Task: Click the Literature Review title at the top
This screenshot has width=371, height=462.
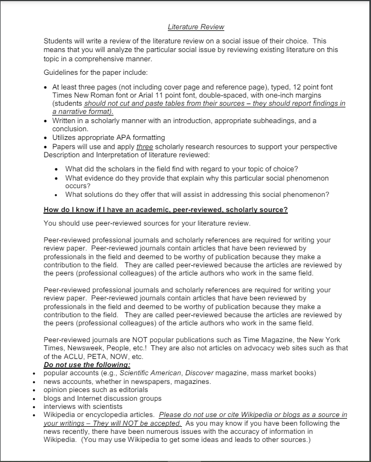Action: [196, 27]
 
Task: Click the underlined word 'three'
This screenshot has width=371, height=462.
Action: [144, 146]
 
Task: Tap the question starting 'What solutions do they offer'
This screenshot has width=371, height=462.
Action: [197, 195]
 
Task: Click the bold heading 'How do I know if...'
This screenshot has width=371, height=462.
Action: [166, 210]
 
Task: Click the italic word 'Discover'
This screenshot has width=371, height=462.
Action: [201, 373]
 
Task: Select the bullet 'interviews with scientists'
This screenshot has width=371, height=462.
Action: [83, 406]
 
